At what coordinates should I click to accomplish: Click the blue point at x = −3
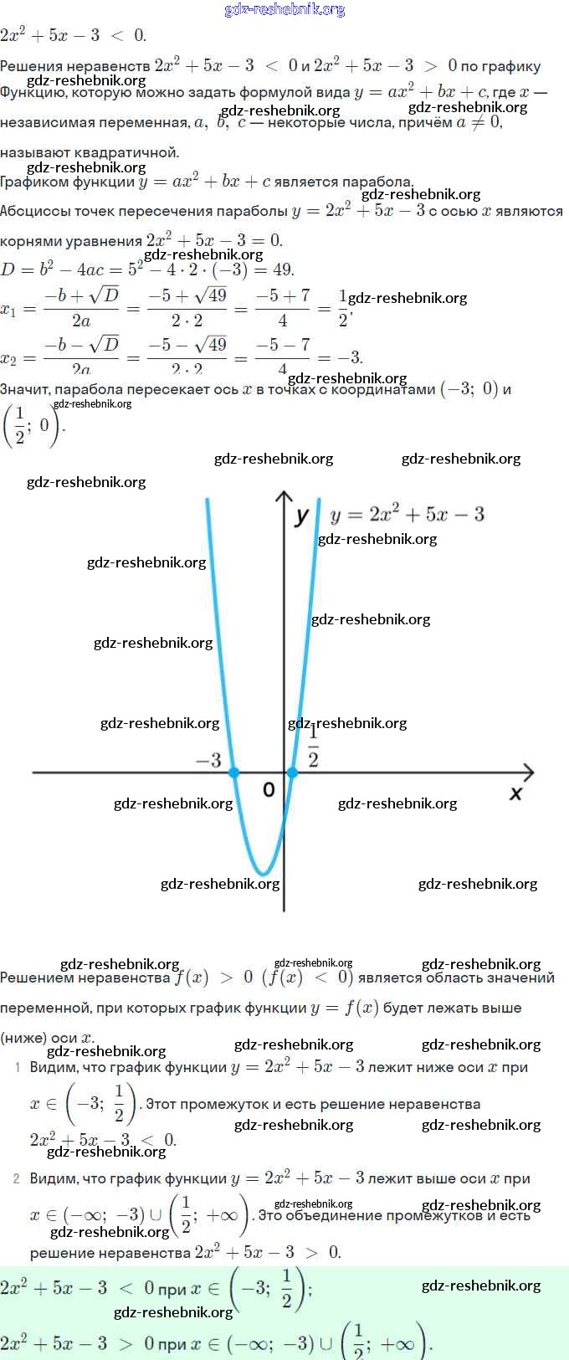click(x=234, y=772)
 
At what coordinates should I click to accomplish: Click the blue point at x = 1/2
click(x=291, y=772)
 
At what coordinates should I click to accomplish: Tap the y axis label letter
click(x=302, y=516)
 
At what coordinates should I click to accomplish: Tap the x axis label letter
click(x=515, y=793)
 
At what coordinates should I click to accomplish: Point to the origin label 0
click(x=269, y=789)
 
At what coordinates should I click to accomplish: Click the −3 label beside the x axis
click(x=208, y=760)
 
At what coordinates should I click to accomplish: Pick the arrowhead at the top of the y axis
click(x=284, y=497)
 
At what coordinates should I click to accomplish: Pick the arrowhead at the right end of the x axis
click(x=527, y=772)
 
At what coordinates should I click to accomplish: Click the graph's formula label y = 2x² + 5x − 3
click(x=408, y=514)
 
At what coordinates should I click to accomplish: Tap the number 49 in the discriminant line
click(x=283, y=269)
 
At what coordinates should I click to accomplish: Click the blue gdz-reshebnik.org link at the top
click(x=284, y=9)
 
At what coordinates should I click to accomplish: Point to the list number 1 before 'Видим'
click(x=17, y=1067)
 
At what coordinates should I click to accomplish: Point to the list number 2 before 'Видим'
click(x=17, y=1178)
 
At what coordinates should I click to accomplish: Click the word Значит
click(x=25, y=389)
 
